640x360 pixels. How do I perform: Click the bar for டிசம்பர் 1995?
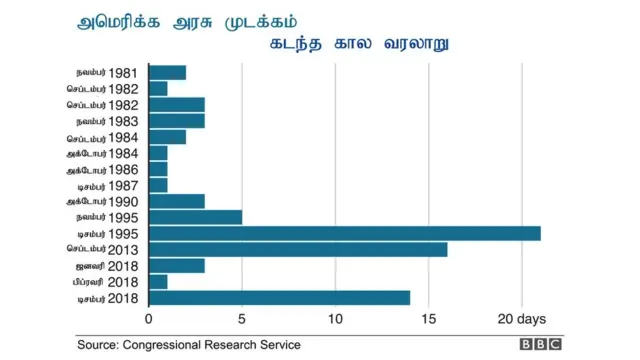point(344,233)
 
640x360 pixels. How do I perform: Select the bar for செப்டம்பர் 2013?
point(298,249)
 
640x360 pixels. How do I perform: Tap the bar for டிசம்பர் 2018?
point(279,298)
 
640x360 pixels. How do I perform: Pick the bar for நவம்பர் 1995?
point(195,217)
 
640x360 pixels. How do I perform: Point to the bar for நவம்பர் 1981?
point(167,72)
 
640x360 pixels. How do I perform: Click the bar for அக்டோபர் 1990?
point(176,201)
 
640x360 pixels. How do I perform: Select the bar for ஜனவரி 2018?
point(176,266)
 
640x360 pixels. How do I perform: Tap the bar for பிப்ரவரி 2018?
point(158,282)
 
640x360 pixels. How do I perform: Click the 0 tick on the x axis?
point(149,319)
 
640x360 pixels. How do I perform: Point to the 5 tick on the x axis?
point(242,319)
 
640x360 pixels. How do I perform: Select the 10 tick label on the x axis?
point(335,319)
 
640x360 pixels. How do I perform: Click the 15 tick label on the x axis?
point(428,319)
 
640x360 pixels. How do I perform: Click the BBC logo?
point(539,345)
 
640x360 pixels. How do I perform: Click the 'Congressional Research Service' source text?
point(211,345)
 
